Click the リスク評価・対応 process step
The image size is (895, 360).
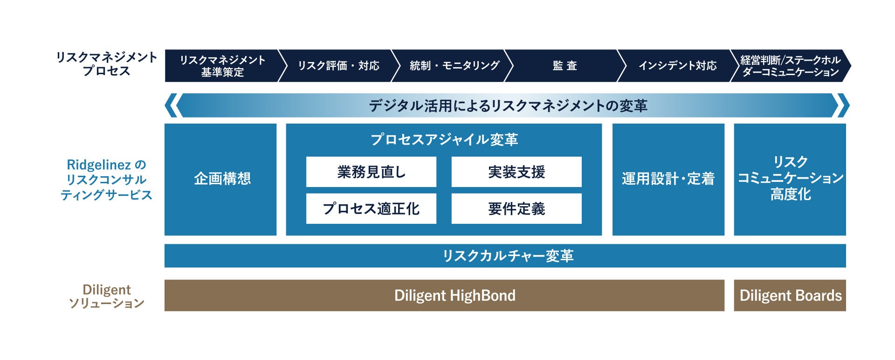click(338, 66)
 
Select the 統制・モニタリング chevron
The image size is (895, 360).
click(454, 66)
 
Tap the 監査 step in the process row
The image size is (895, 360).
click(565, 66)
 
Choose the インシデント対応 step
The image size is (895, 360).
click(677, 66)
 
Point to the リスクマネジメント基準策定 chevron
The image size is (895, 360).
click(222, 66)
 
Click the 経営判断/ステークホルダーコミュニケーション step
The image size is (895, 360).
click(790, 66)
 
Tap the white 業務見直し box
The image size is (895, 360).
click(371, 172)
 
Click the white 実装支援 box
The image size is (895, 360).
click(516, 172)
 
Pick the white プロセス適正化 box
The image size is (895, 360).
click(371, 208)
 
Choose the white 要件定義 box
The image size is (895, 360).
click(516, 208)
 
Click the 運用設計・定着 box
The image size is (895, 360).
click(668, 179)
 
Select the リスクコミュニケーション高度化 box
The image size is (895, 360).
click(790, 179)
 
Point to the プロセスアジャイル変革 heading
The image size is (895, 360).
click(444, 139)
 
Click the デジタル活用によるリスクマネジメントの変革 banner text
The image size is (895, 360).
click(508, 106)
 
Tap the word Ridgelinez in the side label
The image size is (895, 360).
click(99, 165)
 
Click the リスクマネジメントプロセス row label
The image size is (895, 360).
click(106, 64)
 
